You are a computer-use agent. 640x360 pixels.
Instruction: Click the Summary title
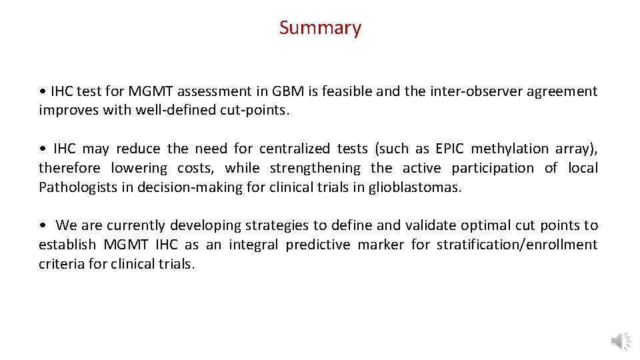click(x=320, y=28)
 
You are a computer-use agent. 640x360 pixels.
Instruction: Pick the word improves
click(x=69, y=111)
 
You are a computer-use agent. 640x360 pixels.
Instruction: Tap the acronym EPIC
click(x=452, y=149)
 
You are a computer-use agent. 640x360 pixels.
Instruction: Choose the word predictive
click(x=318, y=245)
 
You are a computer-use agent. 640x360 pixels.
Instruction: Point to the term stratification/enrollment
click(x=517, y=245)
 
